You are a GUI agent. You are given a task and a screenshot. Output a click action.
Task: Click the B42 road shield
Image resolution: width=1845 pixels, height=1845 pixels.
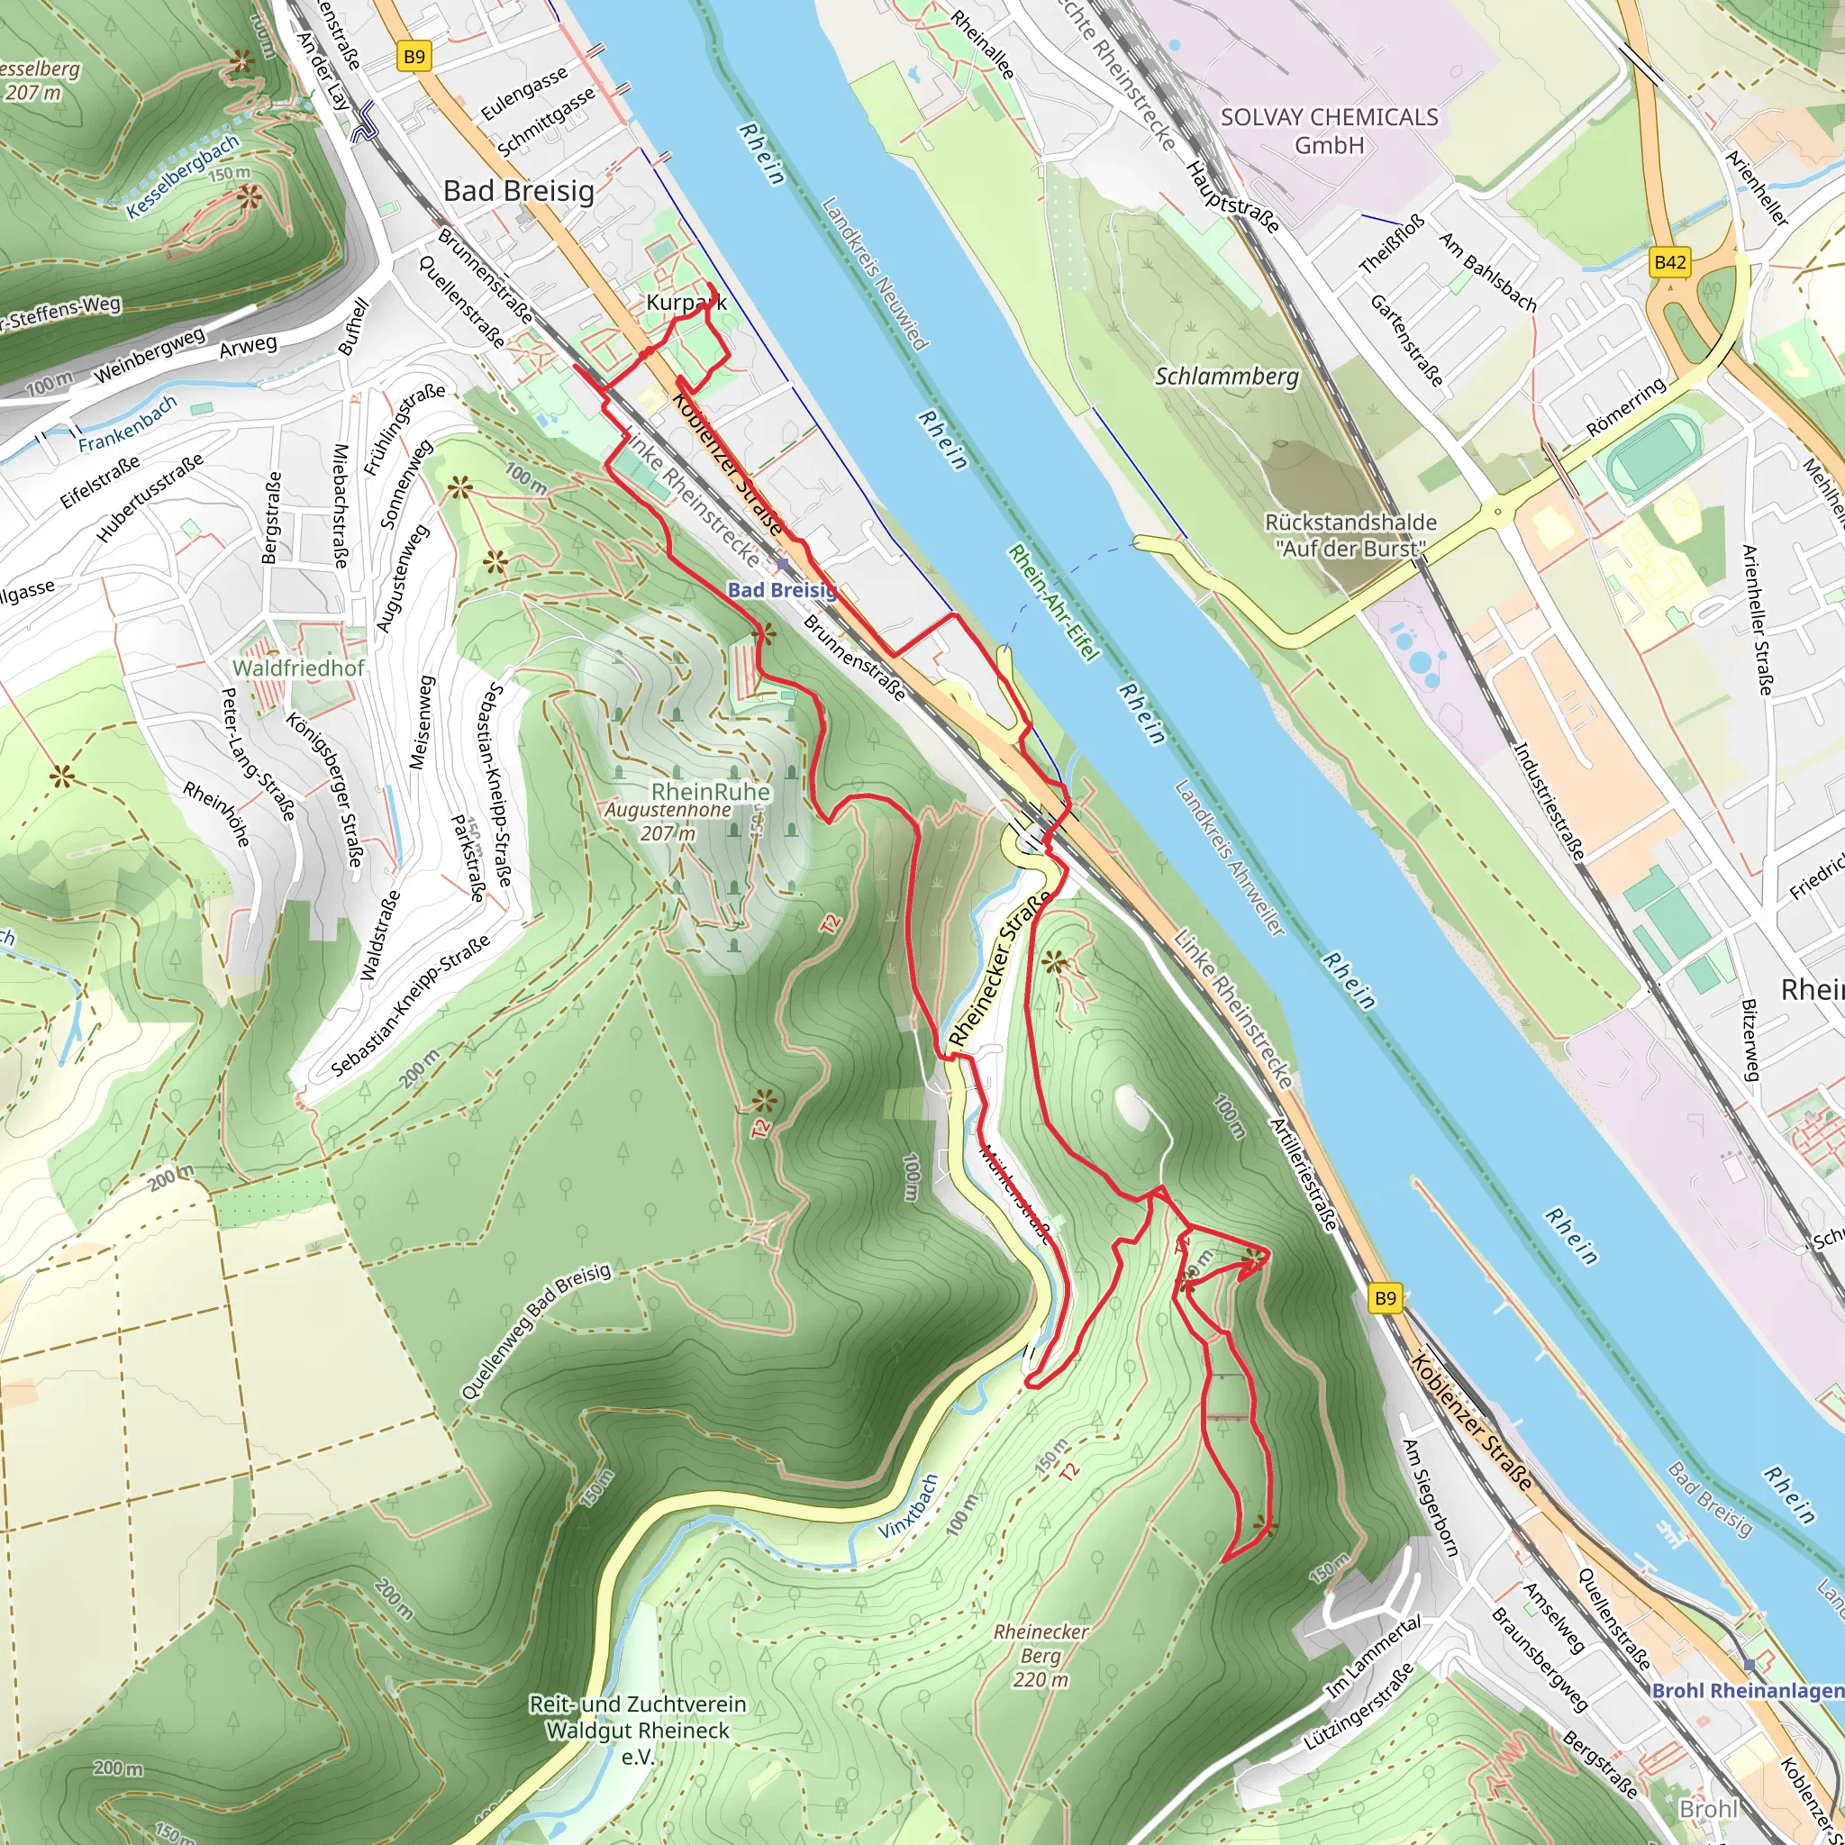point(1669,261)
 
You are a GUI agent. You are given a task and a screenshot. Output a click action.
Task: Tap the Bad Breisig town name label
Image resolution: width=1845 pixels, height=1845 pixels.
point(519,191)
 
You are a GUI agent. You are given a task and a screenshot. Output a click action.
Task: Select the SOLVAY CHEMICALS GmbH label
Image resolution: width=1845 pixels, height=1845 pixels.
point(1329,131)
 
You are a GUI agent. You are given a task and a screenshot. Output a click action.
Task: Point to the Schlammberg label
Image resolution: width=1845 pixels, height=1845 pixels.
point(1226,377)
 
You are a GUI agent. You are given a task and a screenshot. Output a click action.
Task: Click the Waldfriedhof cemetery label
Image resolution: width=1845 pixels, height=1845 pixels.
point(298,668)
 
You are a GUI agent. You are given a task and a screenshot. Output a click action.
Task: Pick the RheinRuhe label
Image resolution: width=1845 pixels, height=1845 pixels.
point(710,792)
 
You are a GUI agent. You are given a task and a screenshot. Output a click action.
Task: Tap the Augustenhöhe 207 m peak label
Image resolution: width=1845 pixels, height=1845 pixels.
point(668,822)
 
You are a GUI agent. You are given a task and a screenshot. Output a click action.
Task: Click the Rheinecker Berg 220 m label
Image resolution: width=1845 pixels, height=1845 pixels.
point(1040,1655)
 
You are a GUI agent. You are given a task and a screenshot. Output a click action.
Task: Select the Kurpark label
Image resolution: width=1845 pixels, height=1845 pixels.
point(686,303)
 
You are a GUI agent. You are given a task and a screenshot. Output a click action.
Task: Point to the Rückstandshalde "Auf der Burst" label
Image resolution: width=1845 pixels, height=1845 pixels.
point(1350,535)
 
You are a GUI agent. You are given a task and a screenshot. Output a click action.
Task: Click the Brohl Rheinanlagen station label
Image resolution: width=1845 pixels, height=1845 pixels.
point(1747,1690)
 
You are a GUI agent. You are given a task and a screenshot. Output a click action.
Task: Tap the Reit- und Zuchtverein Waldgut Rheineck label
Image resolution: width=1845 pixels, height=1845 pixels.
point(637,1731)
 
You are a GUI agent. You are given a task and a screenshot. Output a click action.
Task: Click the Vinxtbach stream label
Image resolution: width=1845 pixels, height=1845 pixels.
point(908,1507)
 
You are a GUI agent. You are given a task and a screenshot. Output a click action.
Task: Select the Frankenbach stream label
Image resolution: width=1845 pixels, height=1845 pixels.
point(127,424)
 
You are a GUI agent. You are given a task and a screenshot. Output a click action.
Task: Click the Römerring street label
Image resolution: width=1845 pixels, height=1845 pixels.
point(1625,407)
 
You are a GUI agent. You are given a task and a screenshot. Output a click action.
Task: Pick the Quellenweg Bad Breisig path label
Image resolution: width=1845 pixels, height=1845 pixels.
point(535,1331)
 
